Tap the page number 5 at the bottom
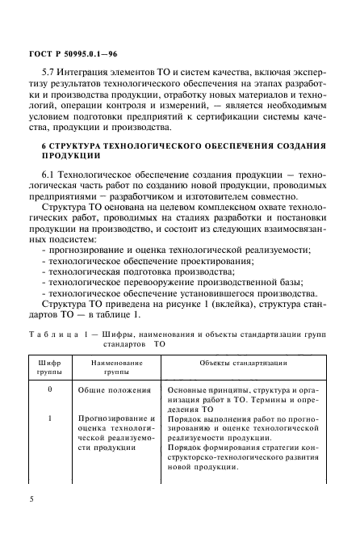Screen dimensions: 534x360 [x=31, y=500]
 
